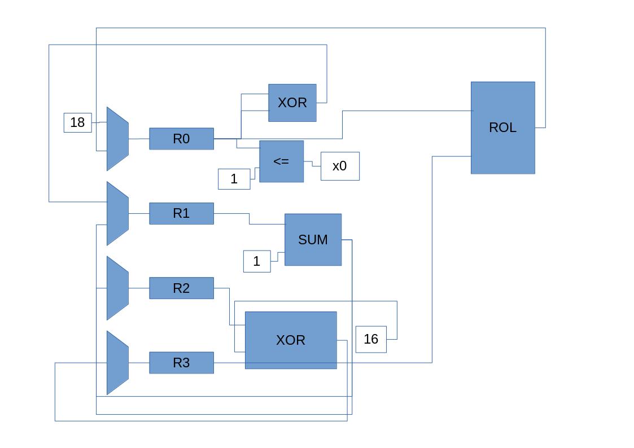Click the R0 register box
181,139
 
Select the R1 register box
181,213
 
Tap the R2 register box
181,288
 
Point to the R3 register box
181,363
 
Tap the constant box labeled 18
78,122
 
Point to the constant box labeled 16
371,339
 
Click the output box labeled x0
340,166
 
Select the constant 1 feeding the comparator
234,179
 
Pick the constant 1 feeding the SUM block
257,262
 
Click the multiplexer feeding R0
117,139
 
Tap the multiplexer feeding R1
117,213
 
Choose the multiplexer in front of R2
117,288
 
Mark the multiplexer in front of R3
117,363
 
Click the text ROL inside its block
502,128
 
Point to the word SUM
313,240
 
